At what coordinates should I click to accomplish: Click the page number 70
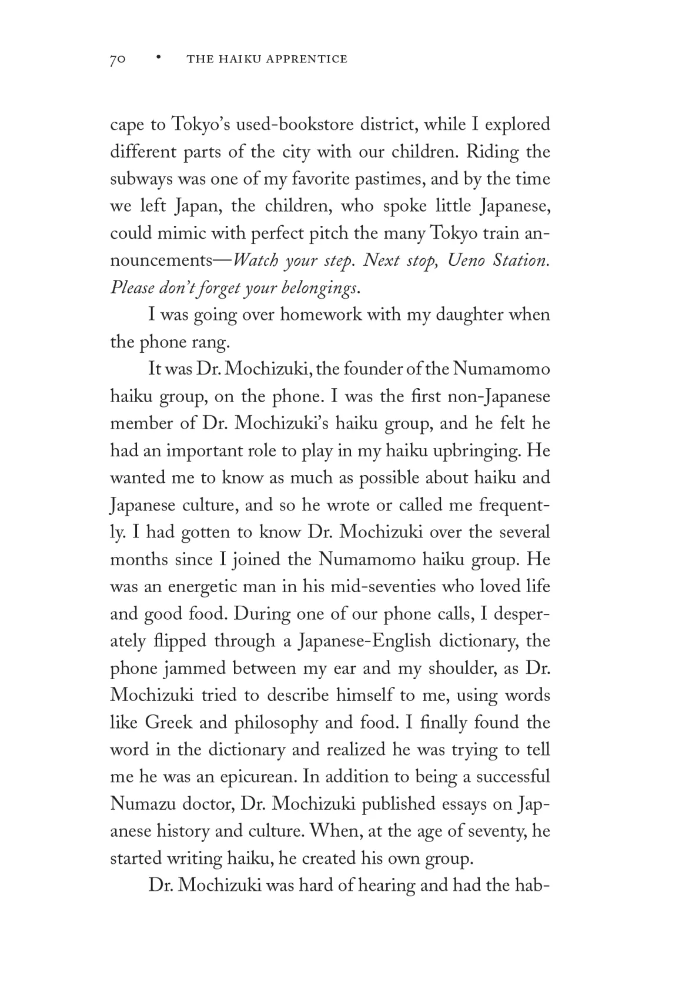pos(118,59)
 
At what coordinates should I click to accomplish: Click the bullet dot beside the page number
pos(158,58)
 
